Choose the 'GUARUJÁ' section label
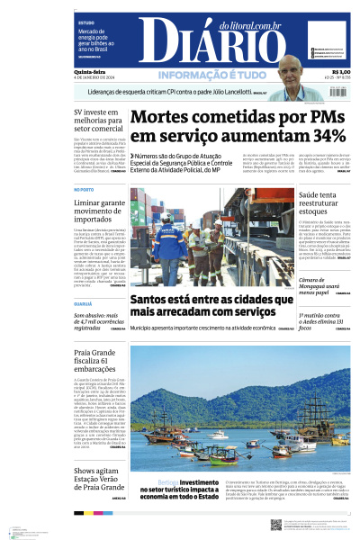(83, 304)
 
